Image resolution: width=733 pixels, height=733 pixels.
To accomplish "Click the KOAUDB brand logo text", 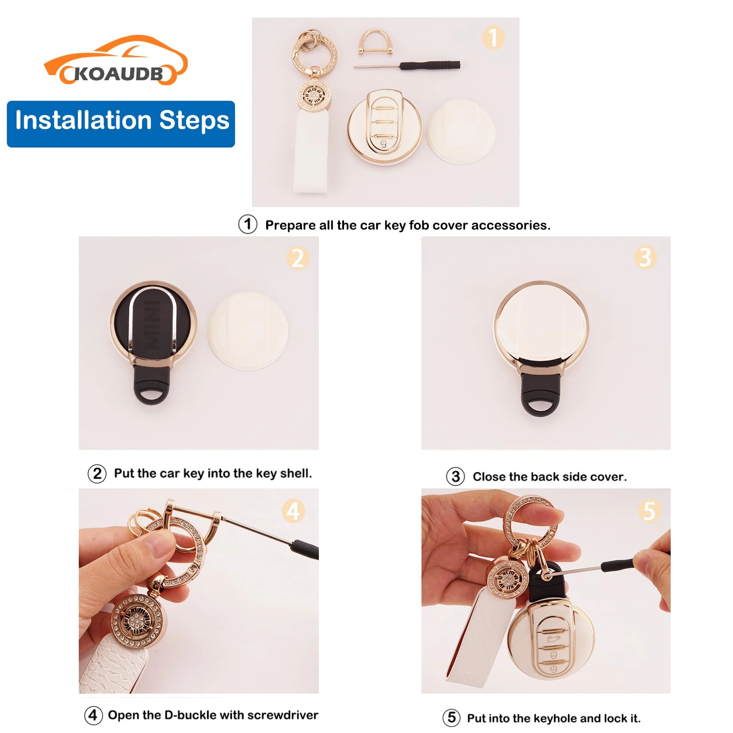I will [x=118, y=73].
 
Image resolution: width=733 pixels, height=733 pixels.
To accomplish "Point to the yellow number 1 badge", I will [x=493, y=38].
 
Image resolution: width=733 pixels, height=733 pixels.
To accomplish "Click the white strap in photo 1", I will [x=311, y=151].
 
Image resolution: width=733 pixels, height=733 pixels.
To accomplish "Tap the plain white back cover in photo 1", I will [x=461, y=131].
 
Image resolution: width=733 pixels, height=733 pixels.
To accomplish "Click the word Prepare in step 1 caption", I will [x=290, y=225].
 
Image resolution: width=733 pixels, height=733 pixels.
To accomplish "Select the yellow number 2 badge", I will [x=298, y=258].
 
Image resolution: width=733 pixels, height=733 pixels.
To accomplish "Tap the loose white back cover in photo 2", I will [x=248, y=331].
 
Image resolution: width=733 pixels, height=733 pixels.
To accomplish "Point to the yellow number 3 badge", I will [x=645, y=257].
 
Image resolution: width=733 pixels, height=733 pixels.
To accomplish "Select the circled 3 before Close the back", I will [x=455, y=476].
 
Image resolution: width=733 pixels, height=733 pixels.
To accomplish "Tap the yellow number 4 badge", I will [x=293, y=511].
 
